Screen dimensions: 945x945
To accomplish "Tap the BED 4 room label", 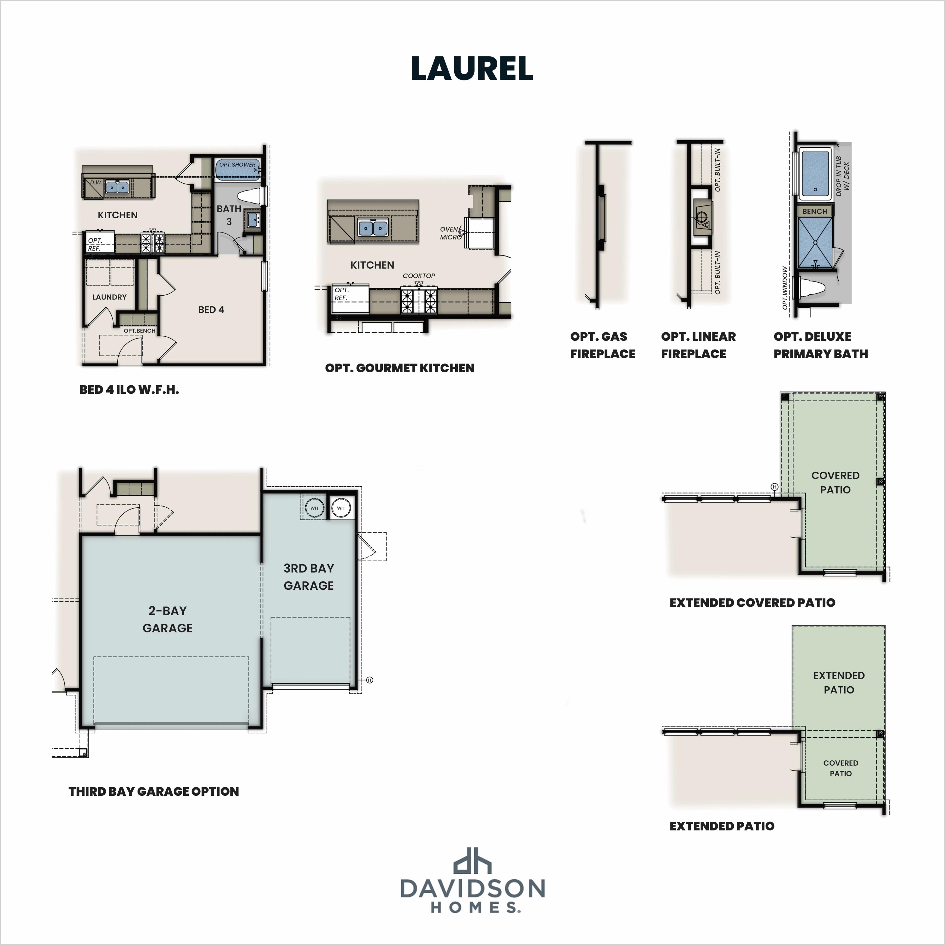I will (x=211, y=310).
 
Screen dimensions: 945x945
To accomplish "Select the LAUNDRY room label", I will (x=109, y=297).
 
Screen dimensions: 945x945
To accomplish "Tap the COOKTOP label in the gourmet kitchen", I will (x=419, y=276).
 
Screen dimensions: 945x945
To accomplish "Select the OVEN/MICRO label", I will (x=450, y=233).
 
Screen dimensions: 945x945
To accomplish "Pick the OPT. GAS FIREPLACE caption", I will (x=602, y=345).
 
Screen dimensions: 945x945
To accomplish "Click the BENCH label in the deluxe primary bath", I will (x=814, y=211).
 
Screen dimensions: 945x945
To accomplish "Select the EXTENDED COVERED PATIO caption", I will (x=752, y=603).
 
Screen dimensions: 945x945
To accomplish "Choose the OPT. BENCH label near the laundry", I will (x=139, y=331).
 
